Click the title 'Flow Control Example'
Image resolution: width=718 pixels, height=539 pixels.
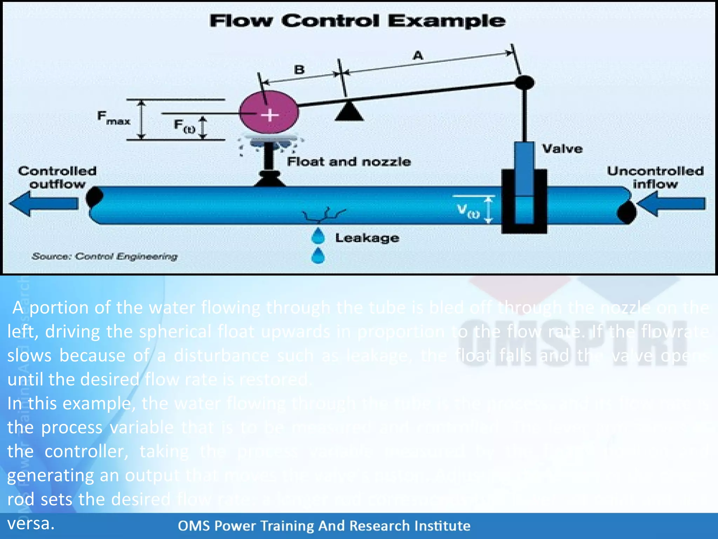coord(357,21)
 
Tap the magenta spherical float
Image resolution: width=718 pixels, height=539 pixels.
coord(269,112)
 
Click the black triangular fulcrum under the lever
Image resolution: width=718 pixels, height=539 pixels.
coord(349,112)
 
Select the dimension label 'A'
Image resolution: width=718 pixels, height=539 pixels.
coord(418,55)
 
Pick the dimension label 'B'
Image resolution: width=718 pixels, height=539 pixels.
coord(299,69)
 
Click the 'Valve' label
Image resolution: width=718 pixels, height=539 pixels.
coord(562,149)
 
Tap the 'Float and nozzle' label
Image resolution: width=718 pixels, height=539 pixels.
coord(348,162)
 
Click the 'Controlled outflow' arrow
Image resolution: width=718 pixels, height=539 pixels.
coord(44,203)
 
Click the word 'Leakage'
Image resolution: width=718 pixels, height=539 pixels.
coord(367,238)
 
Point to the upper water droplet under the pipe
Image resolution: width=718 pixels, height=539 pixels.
coord(318,236)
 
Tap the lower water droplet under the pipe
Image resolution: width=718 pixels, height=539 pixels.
coord(318,256)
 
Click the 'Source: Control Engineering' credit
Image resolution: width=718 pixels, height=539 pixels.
coord(104,257)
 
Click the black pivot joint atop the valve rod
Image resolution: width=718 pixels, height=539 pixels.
coord(524,83)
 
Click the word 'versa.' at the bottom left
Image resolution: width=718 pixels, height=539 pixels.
coord(31,524)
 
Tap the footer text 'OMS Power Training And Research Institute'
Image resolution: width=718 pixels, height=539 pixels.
coord(324,526)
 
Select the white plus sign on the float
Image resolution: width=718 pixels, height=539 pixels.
coord(270,115)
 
